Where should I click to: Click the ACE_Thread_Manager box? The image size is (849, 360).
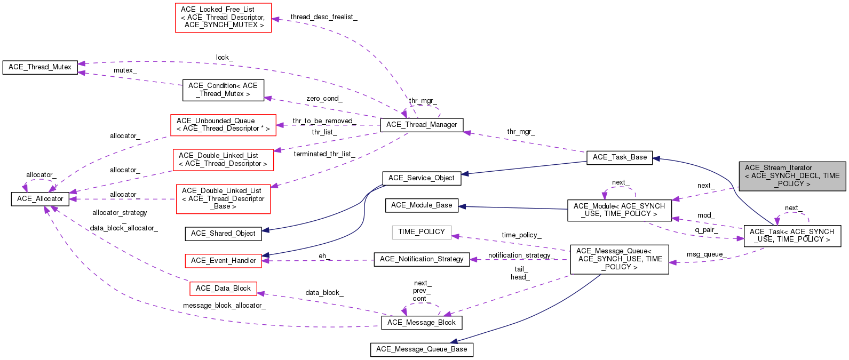click(422, 125)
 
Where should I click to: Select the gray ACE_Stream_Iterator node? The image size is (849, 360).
click(792, 175)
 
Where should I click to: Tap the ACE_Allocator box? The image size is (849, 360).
click(40, 199)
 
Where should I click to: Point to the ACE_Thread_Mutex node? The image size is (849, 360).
click(40, 67)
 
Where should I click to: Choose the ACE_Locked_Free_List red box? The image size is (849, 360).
click(223, 17)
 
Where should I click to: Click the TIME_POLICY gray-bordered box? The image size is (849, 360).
click(422, 232)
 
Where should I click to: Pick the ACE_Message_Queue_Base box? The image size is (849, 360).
click(422, 349)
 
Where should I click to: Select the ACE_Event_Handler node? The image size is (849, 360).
click(223, 261)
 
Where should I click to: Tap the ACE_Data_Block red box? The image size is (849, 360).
click(223, 289)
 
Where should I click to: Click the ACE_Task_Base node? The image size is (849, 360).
click(619, 157)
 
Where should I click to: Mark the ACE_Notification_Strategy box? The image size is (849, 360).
click(422, 259)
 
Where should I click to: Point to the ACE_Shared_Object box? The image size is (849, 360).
click(223, 234)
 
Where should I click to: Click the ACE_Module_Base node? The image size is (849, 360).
click(422, 205)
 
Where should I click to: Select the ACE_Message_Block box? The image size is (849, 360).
click(422, 323)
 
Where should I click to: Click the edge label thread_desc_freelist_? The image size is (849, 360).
click(324, 17)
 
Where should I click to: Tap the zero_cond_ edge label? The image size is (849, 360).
click(324, 99)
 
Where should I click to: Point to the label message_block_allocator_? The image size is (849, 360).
click(224, 306)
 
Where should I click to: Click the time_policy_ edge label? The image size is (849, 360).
click(521, 235)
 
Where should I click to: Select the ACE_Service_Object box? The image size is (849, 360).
click(422, 178)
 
